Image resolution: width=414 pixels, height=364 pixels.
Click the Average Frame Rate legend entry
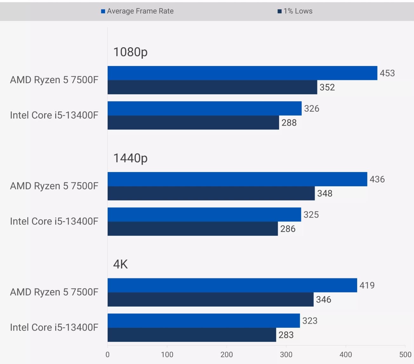[137, 11]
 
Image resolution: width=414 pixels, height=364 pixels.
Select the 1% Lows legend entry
[295, 11]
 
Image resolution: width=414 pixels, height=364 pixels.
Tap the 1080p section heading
[130, 52]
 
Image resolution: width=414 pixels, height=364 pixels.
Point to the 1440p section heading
[130, 158]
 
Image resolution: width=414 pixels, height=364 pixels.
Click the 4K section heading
[120, 264]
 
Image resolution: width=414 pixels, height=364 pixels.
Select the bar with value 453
[242, 73]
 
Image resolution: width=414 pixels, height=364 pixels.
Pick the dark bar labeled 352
[212, 87]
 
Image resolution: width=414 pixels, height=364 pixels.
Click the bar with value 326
[204, 109]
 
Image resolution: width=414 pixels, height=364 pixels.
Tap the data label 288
[289, 122]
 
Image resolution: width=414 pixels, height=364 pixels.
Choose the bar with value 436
[237, 179]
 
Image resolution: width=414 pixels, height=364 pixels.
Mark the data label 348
[325, 193]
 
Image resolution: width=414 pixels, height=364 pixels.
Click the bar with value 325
[204, 215]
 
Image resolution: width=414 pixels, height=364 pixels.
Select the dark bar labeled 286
[193, 229]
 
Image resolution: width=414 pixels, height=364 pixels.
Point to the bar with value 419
[232, 285]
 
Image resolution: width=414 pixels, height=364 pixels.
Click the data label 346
[324, 300]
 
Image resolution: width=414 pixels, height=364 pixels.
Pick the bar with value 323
[204, 321]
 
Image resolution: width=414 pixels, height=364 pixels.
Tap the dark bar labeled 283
[192, 335]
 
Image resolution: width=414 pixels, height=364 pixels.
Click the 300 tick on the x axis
[286, 354]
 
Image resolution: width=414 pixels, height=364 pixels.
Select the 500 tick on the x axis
[405, 354]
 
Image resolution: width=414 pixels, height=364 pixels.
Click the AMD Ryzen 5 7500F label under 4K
[54, 292]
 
